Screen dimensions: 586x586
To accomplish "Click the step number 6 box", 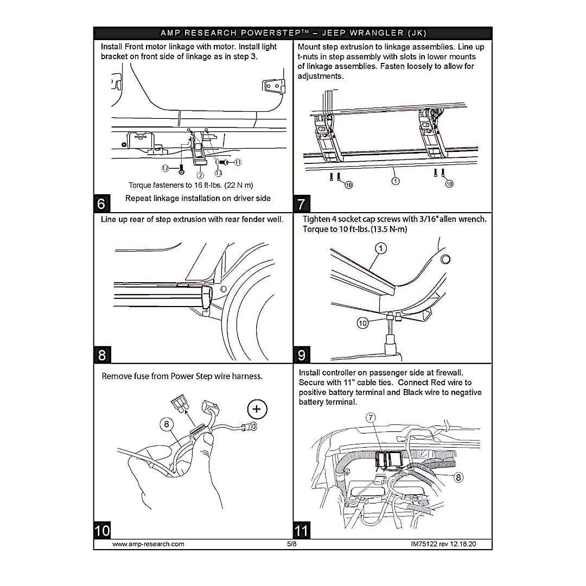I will point(101,203).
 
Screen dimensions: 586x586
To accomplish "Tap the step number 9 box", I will point(302,355).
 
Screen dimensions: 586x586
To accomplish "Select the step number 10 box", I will point(102,530).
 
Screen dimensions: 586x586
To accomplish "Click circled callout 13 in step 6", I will point(218,173).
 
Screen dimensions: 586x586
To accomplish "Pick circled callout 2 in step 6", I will point(200,175).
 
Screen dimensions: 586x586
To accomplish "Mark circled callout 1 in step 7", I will point(396,181).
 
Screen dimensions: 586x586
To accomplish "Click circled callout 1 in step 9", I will point(381,248).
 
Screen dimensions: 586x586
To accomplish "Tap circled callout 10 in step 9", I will point(362,323).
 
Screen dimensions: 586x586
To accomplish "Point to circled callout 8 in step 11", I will point(458,477).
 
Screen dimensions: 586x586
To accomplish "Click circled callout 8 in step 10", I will point(167,424).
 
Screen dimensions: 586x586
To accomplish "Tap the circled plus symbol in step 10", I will point(257,409).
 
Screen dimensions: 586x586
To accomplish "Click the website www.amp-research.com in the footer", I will point(148,544).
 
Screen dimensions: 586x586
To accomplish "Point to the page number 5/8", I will point(292,544).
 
